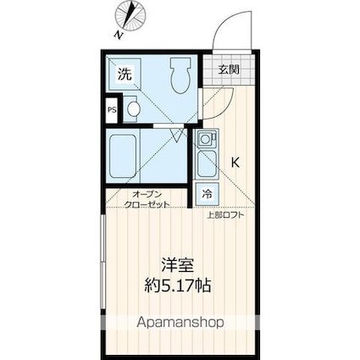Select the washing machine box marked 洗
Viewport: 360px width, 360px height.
click(x=124, y=74)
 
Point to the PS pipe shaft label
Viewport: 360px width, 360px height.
click(x=112, y=109)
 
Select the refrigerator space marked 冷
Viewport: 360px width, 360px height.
click(x=206, y=194)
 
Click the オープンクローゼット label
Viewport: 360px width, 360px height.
click(x=139, y=200)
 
